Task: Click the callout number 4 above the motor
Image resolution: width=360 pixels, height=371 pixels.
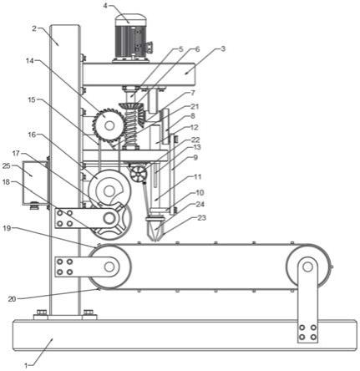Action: tap(105, 5)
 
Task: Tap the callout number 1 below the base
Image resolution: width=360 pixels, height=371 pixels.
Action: tap(26, 365)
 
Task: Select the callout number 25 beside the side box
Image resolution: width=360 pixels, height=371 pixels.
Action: tap(7, 166)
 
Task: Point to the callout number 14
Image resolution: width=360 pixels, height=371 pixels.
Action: tap(29, 61)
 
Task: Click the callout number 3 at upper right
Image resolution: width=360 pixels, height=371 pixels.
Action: tap(223, 49)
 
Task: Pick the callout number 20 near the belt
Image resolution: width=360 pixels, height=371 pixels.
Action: tap(12, 299)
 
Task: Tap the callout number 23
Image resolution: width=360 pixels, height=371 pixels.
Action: tap(201, 217)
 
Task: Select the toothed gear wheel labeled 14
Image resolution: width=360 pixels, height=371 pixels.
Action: tap(108, 125)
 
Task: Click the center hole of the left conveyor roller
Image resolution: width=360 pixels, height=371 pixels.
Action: tap(109, 267)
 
